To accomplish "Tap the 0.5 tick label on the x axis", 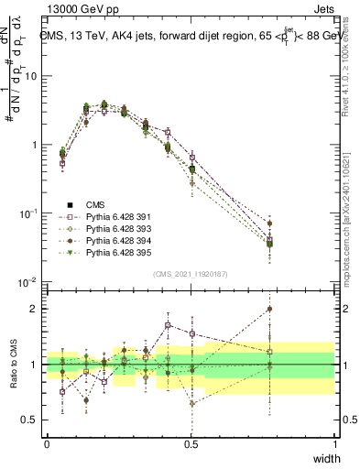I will coord(191,444).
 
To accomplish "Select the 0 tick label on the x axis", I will coord(47,444).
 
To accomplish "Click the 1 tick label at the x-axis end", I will coord(334,444).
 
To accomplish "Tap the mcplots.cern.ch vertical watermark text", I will coord(348,220).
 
